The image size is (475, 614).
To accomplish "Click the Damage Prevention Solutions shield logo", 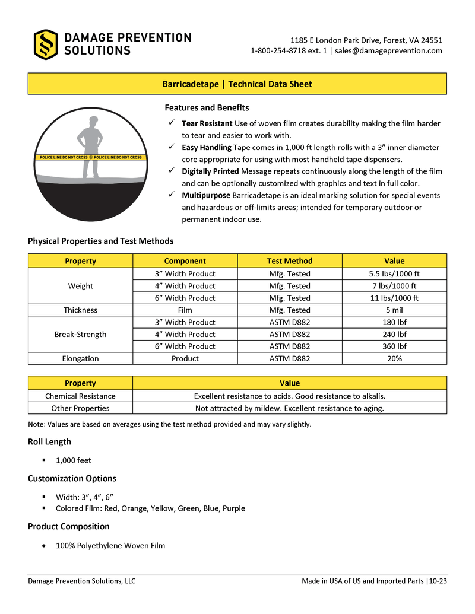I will point(46,44).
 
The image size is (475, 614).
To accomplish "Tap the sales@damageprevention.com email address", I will point(388,51).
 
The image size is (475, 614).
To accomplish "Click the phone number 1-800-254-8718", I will point(279,51).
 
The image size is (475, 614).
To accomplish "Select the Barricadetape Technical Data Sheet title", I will point(237,84).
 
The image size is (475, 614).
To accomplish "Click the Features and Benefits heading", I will point(207,108).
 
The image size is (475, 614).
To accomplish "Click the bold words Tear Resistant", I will point(207,123).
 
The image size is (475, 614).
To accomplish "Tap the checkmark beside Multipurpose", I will point(170,195).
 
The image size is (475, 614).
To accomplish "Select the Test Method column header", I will point(289,261).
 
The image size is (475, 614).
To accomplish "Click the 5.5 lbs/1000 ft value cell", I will point(394,274).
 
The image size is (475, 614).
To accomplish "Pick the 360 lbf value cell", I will point(394,346).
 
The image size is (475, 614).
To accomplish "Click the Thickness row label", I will point(80,310).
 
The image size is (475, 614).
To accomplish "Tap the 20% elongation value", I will point(394,359).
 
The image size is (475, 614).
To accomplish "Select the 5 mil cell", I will point(394,310).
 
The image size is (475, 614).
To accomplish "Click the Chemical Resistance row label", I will point(80,396).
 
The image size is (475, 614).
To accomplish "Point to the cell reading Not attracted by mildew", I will point(289,408).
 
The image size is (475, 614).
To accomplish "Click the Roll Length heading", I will point(49,442).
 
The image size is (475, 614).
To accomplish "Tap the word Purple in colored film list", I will point(233,508).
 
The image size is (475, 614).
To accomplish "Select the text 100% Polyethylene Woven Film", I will point(110,546).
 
